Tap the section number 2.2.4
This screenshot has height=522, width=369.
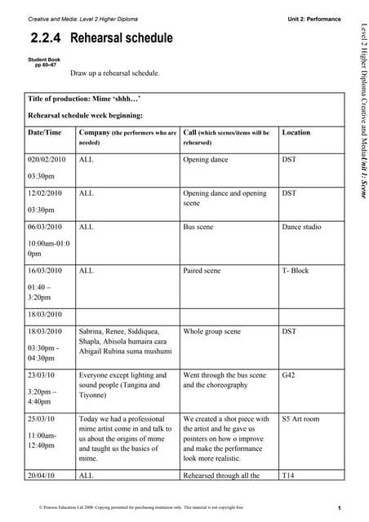click(47, 38)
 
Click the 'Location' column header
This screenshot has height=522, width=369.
click(296, 132)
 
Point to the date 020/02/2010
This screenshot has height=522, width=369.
click(46, 161)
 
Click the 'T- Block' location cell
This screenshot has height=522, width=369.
click(295, 270)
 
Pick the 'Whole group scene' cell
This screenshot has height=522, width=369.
click(211, 332)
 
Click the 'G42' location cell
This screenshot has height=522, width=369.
click(289, 375)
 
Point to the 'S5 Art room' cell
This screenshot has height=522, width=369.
click(300, 418)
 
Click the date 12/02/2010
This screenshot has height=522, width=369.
click(45, 194)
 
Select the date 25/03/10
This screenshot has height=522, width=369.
click(42, 418)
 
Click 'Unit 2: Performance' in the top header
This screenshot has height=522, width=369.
click(314, 18)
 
